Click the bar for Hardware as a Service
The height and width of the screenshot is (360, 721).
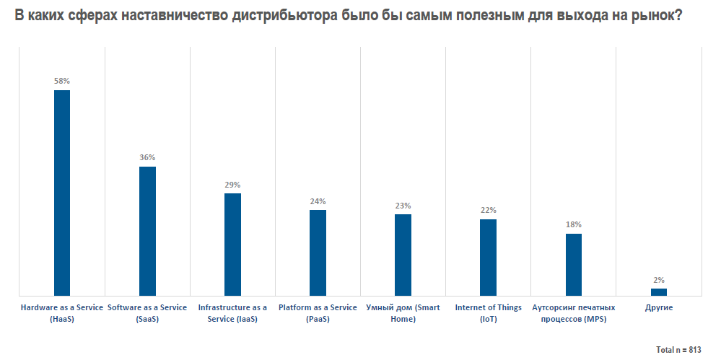(x=62, y=193)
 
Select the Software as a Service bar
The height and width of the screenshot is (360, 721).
(x=147, y=231)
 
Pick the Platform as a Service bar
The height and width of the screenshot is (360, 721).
(x=318, y=253)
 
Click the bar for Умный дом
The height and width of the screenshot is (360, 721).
(x=403, y=255)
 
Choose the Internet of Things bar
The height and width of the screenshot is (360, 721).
(x=488, y=257)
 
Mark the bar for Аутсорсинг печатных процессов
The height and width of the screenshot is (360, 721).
(x=573, y=264)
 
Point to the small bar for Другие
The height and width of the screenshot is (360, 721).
(x=658, y=291)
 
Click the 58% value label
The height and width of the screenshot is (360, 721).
(x=62, y=82)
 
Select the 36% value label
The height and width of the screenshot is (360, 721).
(x=147, y=158)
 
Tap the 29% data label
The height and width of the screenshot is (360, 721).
(x=232, y=185)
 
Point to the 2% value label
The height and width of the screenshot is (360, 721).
(x=658, y=280)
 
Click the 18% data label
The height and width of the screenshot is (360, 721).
(x=573, y=225)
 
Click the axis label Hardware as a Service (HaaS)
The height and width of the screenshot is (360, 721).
(x=62, y=312)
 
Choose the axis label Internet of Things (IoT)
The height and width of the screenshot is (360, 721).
(x=488, y=312)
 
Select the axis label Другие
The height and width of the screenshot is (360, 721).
(x=658, y=308)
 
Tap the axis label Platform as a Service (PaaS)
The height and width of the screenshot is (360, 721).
(x=318, y=312)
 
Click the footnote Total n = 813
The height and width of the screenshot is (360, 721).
(x=678, y=350)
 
